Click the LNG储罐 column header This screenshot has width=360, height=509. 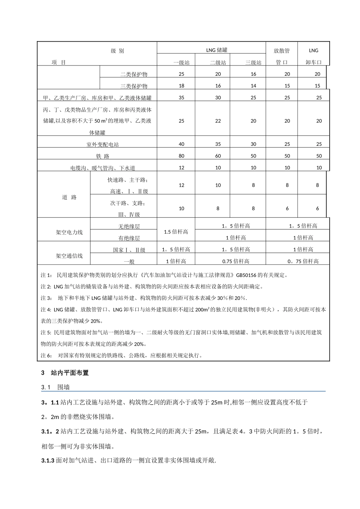pyautogui.click(x=216, y=50)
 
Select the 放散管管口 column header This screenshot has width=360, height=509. pyautogui.click(x=282, y=56)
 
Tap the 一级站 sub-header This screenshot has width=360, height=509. pyautogui.click(x=182, y=62)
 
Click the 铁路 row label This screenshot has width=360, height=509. pyautogui.click(x=102, y=156)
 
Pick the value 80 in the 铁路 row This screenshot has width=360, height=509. pyautogui.click(x=182, y=156)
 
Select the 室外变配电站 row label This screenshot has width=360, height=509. pyautogui.click(x=102, y=144)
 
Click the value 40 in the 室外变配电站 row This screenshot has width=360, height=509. pyautogui.click(x=182, y=144)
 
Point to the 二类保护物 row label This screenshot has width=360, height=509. pyautogui.click(x=134, y=74)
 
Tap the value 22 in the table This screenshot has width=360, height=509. pyautogui.click(x=218, y=121)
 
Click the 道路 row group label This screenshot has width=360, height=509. pyautogui.click(x=69, y=197)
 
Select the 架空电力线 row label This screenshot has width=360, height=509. pyautogui.click(x=69, y=232)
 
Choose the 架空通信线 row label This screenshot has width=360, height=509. pyautogui.click(x=69, y=256)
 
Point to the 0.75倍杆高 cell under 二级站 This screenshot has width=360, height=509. pyautogui.click(x=236, y=261)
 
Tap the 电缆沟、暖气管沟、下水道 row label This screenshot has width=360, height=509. pyautogui.click(x=102, y=168)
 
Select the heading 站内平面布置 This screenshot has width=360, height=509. pyautogui.click(x=70, y=373)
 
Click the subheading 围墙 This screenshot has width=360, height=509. pyautogui.click(x=63, y=387)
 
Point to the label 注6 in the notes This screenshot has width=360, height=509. pyautogui.click(x=46, y=356)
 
